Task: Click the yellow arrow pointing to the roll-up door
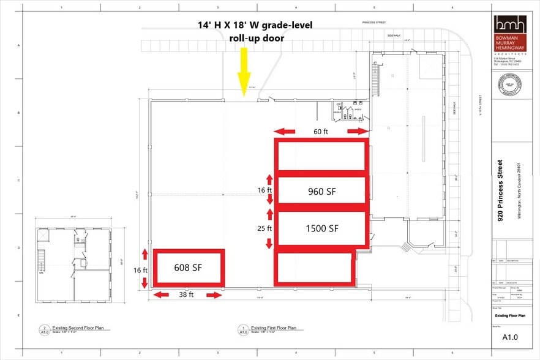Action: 244,72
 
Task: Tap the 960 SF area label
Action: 322,191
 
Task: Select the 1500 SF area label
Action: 322,228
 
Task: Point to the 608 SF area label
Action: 189,268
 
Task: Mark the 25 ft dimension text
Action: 264,228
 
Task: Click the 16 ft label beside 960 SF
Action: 264,190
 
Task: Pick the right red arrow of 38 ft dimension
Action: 214,295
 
